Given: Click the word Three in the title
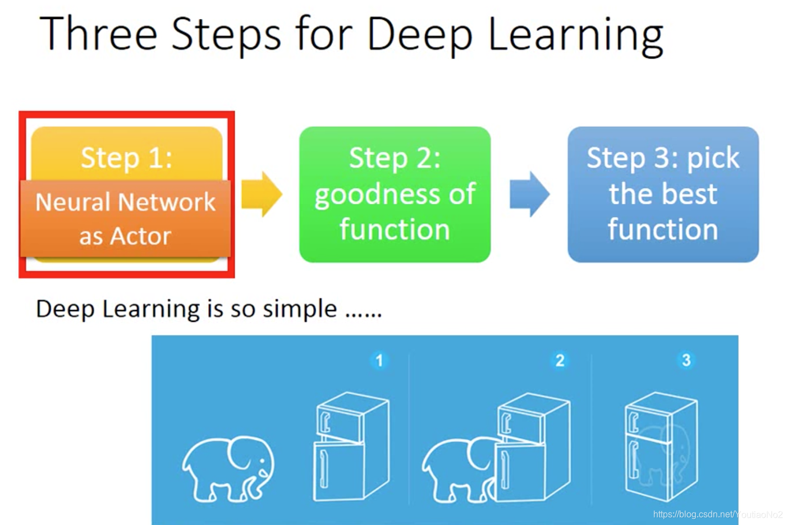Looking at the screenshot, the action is (x=99, y=34).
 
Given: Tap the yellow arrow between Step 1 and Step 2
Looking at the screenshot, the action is (x=262, y=194).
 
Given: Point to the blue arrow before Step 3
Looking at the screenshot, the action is (x=530, y=194).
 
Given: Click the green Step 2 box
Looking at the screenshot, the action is (x=395, y=194).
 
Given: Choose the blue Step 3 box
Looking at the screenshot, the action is (x=663, y=194).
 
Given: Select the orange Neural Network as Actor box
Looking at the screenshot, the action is (x=126, y=218).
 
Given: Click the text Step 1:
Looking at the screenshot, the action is (x=127, y=158).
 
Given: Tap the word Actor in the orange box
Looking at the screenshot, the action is (x=140, y=236).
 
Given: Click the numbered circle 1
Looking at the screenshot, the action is (x=379, y=361).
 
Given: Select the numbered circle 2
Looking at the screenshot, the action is (x=560, y=361).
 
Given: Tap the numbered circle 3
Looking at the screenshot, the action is (x=686, y=360).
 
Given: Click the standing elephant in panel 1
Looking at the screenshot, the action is (x=228, y=469).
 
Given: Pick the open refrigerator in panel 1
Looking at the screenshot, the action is (x=351, y=446).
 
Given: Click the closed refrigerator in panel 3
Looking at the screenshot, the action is (x=661, y=446).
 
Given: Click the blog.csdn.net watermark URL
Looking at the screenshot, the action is (x=718, y=514).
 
